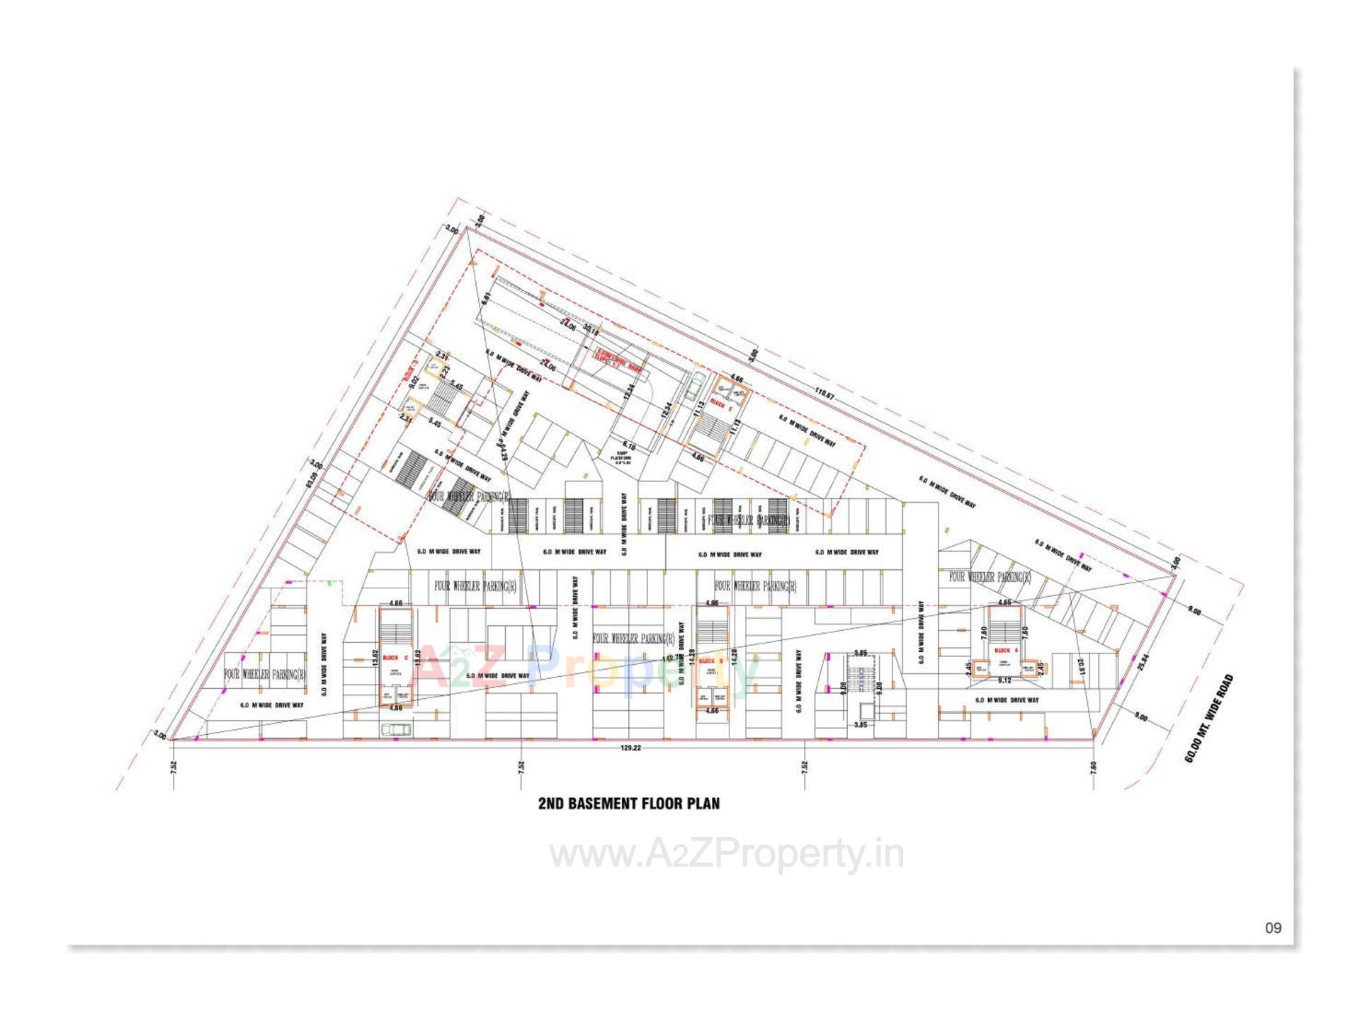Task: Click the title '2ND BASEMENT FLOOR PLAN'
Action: click(x=628, y=804)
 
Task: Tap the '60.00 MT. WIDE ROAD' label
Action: click(x=1209, y=718)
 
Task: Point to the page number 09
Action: click(x=1273, y=928)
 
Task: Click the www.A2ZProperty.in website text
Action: click(x=727, y=855)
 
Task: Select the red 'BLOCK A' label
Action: click(x=1006, y=650)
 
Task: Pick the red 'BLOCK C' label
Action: click(x=395, y=658)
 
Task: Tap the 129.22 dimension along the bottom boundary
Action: click(x=630, y=748)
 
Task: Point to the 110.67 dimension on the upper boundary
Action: click(x=824, y=394)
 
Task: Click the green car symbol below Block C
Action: click(x=396, y=729)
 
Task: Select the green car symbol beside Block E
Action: click(x=696, y=386)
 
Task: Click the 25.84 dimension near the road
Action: click(x=1142, y=662)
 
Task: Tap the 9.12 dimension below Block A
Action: click(x=1004, y=680)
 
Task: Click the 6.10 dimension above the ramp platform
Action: click(x=629, y=447)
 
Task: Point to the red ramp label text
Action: click(x=617, y=353)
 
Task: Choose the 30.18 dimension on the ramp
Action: click(x=591, y=329)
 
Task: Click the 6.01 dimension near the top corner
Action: click(x=486, y=299)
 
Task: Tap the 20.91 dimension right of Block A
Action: click(x=1080, y=668)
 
